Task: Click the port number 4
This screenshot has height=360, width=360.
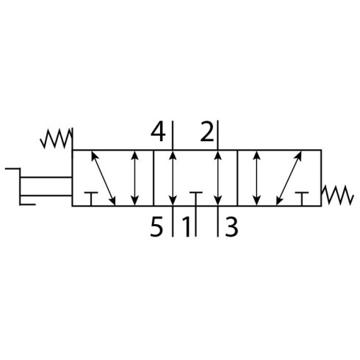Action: point(158,132)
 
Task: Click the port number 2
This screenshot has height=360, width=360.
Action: point(207,132)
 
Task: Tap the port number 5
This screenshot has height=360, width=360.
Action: point(156,227)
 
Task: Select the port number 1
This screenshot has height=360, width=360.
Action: point(186,227)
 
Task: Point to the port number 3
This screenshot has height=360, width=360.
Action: point(231,227)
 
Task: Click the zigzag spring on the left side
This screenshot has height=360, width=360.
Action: point(56,139)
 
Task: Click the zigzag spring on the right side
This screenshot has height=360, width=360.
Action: point(338,195)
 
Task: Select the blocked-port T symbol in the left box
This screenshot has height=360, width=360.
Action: point(91,198)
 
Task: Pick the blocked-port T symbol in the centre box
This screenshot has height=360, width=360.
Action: point(195,198)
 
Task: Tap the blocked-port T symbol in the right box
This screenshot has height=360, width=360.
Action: point(302,198)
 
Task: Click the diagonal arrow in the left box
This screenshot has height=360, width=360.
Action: point(104,179)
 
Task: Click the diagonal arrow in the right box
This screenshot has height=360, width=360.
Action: point(289,179)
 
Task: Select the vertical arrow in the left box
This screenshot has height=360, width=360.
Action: point(134,179)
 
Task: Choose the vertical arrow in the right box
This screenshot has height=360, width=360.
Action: point(256,179)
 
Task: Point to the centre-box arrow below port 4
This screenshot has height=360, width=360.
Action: point(173,179)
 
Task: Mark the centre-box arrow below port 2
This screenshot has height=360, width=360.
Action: point(217,179)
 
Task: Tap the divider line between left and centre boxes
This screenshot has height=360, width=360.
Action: point(154,178)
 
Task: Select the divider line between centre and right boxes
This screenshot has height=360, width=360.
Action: point(237,178)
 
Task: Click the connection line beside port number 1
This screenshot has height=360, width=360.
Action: point(195,221)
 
